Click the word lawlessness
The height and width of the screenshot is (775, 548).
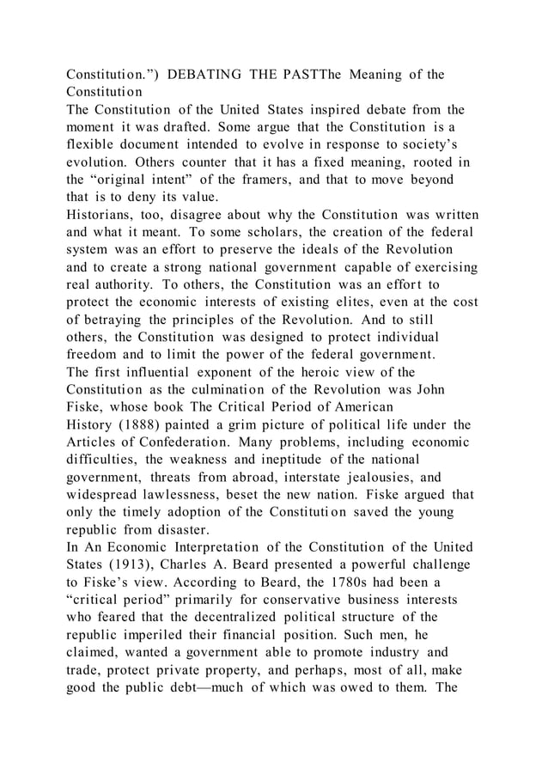click(x=186, y=497)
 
